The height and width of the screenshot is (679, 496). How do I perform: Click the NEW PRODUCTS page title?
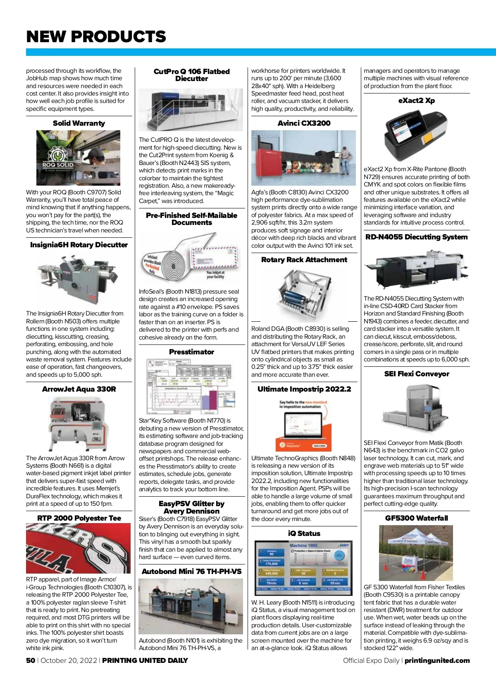pos(96,37)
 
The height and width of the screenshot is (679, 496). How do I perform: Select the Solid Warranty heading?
pos(79,123)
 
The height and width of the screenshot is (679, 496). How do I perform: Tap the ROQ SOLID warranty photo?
pos(78,158)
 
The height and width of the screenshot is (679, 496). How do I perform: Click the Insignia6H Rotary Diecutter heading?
pos(79,245)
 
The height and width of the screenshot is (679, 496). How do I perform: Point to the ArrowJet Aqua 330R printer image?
pos(79,424)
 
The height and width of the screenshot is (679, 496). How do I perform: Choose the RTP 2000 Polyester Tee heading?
pos(79,518)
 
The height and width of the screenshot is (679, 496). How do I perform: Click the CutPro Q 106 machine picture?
pos(191,110)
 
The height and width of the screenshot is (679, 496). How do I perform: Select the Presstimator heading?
pos(191,352)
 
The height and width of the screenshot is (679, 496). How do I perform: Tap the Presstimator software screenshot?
pos(191,387)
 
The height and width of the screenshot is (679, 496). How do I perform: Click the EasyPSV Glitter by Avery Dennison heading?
pos(191,507)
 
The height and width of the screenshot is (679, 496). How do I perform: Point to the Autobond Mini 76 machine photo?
pos(191,606)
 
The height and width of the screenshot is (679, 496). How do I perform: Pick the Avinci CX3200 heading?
pos(304,123)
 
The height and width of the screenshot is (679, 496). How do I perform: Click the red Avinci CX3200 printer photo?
pos(303,158)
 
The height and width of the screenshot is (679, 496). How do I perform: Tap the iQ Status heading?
pos(304,533)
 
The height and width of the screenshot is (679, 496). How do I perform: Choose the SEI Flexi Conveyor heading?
pos(416,374)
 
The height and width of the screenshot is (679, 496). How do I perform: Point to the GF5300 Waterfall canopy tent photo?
pos(416,553)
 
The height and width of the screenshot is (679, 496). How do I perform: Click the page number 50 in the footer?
pos(31,660)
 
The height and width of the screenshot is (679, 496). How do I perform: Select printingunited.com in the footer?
pos(437,660)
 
